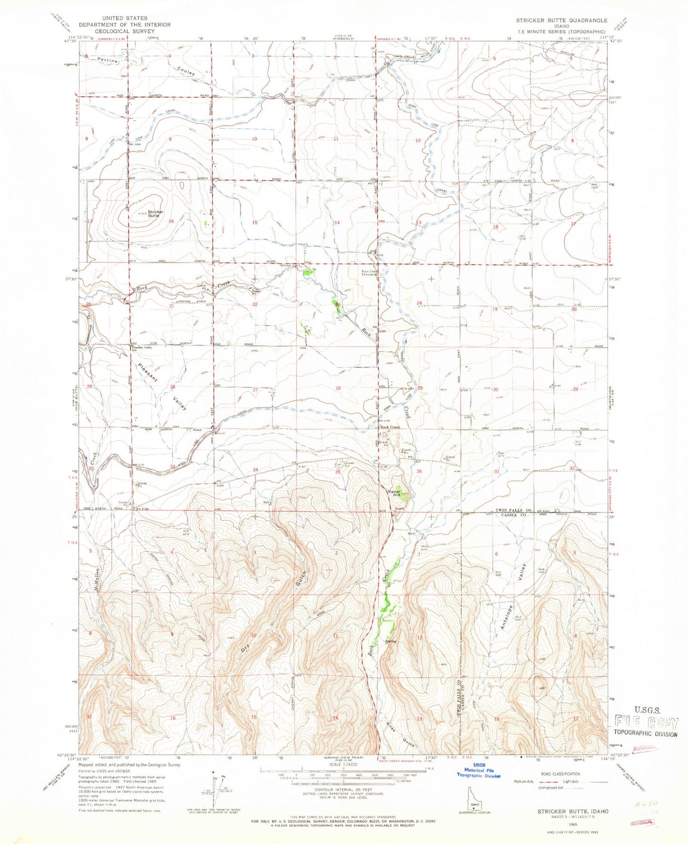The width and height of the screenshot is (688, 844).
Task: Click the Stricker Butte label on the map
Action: [x=155, y=214]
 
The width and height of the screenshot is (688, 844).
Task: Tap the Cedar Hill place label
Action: [x=397, y=493]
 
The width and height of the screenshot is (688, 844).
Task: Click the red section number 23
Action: [x=337, y=304]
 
